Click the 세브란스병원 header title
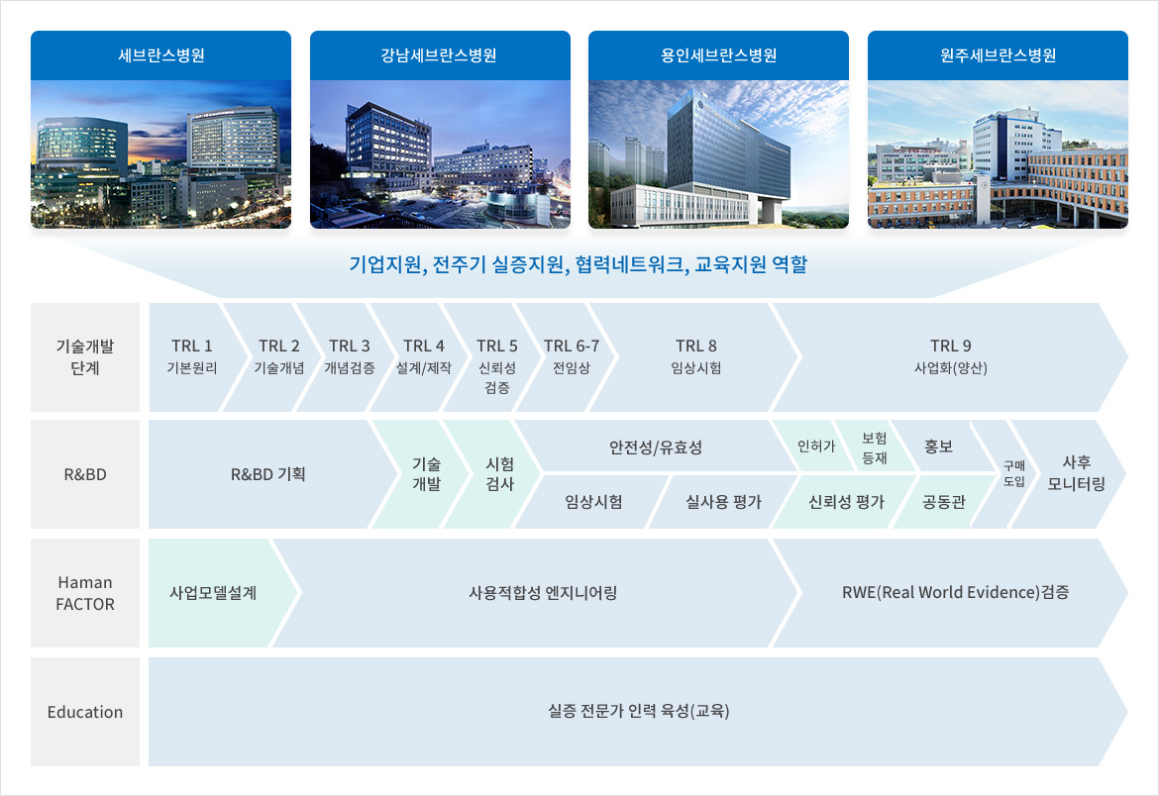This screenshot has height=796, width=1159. click(161, 55)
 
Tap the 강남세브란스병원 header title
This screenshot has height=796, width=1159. click(439, 55)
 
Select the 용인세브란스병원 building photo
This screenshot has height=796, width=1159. click(718, 153)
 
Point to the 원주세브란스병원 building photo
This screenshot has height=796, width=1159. click(998, 153)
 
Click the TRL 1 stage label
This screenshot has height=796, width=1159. click(192, 346)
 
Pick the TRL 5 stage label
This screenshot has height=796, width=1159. click(496, 346)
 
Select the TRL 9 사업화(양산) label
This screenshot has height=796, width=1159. click(951, 356)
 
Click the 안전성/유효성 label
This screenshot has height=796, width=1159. click(656, 448)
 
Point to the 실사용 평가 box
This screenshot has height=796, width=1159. click(723, 502)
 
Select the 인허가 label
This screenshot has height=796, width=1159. click(816, 447)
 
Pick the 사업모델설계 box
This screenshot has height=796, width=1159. click(214, 593)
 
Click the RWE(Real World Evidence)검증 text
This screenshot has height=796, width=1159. click(955, 592)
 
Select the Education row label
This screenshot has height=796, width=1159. click(85, 712)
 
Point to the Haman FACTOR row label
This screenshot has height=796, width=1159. click(85, 593)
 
